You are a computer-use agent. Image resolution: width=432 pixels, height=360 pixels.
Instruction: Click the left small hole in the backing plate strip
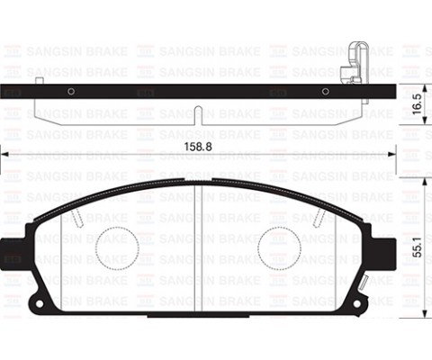70,90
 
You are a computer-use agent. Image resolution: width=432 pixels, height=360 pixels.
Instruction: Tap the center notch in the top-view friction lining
198,114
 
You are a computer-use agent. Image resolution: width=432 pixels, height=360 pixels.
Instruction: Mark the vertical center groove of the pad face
198,243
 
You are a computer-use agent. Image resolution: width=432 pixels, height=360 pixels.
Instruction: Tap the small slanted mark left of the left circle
78,215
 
